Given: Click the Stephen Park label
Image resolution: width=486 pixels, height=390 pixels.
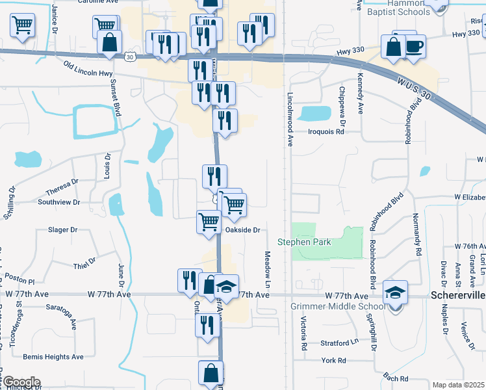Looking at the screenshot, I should [304, 242].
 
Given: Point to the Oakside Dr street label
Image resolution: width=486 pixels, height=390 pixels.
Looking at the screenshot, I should [242, 230].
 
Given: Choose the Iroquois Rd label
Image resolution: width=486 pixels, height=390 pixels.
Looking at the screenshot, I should [325, 131].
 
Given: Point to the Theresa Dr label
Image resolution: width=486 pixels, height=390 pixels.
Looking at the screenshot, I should [62, 187].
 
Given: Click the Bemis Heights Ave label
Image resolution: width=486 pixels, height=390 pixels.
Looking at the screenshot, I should [53, 357].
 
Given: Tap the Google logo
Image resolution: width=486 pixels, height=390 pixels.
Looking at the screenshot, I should [21, 382].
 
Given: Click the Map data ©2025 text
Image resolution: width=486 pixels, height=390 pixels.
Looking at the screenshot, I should [458, 385].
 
